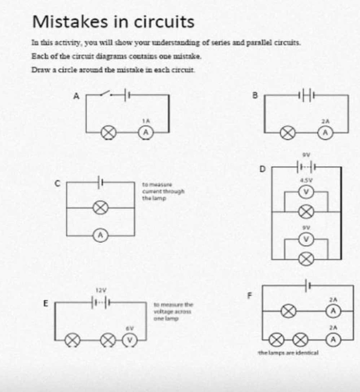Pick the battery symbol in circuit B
(x=305, y=95)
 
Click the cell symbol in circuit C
(x=100, y=182)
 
